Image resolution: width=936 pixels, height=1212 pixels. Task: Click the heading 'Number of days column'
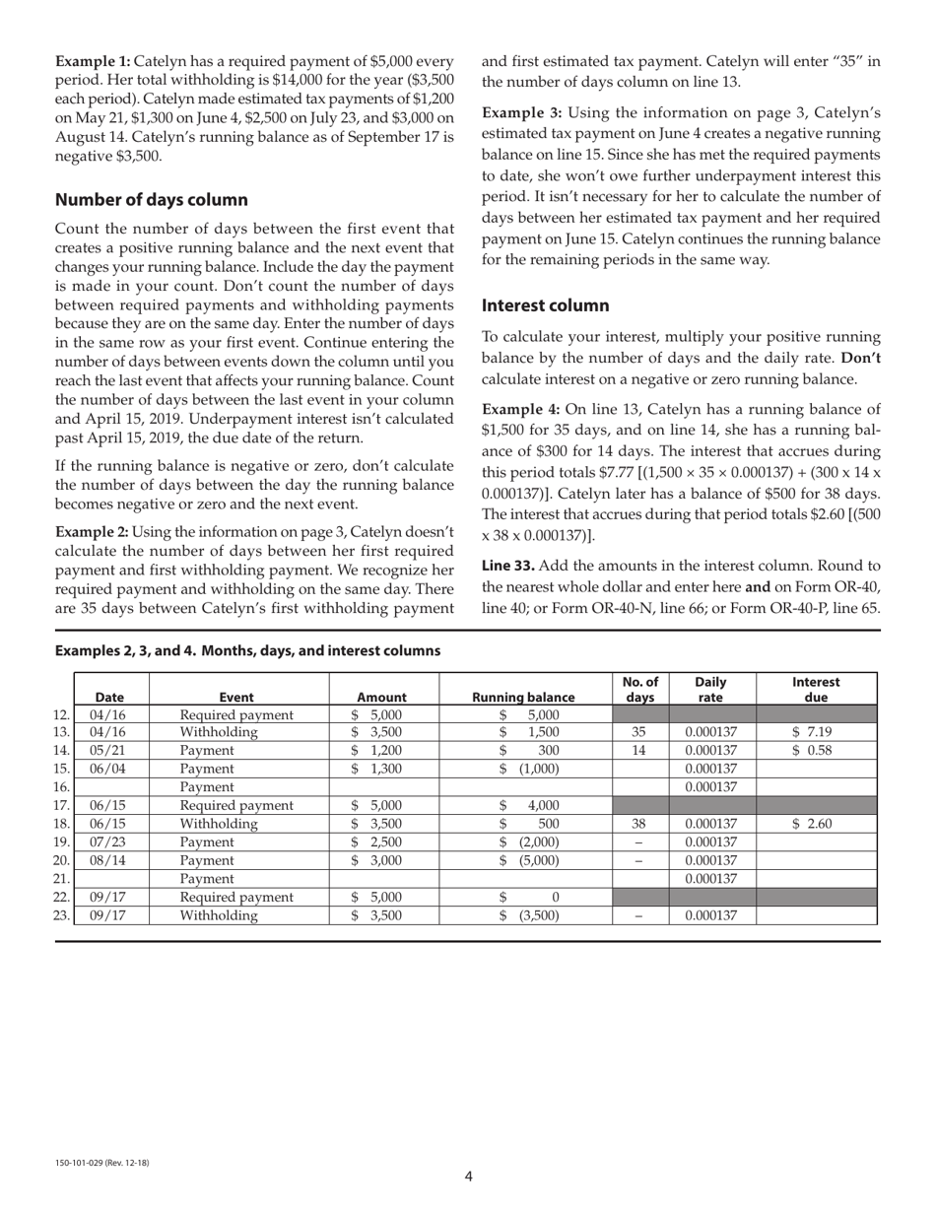[152, 200]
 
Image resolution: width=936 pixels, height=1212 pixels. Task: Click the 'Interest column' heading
[545, 305]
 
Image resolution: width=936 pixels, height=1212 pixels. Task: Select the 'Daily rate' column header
[710, 689]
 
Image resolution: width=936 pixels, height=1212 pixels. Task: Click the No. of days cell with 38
[638, 823]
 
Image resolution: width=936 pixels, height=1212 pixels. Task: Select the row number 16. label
[62, 786]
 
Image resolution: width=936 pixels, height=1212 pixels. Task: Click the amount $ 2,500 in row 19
[378, 842]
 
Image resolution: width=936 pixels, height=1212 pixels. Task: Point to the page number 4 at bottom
[468, 1176]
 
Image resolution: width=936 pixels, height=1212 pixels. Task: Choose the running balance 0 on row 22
[555, 897]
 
